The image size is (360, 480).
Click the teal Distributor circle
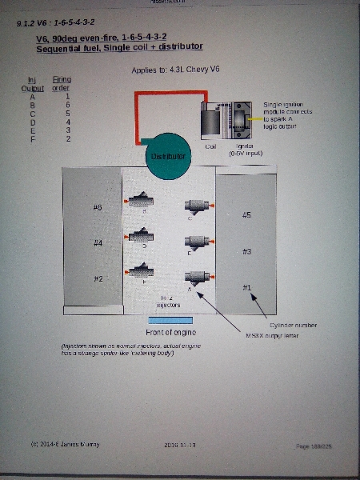click(166, 154)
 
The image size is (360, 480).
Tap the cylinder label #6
click(98, 207)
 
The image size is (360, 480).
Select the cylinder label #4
click(98, 242)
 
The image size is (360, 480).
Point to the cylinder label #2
click(98, 278)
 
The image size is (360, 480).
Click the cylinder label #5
click(246, 215)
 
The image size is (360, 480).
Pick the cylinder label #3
click(246, 251)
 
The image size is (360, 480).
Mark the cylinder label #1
click(246, 286)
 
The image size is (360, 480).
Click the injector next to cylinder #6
click(141, 201)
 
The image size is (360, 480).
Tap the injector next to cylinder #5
click(197, 206)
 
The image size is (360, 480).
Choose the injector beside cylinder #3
click(197, 242)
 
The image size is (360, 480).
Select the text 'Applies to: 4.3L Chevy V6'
click(175, 70)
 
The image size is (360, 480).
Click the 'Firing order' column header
click(62, 84)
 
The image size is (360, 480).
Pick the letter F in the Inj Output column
click(32, 139)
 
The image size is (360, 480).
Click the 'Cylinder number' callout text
click(294, 326)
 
